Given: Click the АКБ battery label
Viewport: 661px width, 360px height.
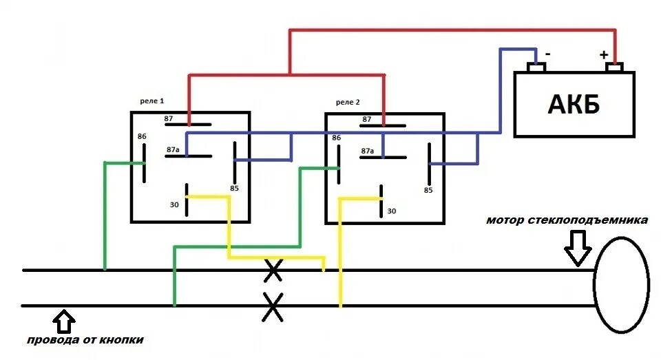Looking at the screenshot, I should (x=574, y=105).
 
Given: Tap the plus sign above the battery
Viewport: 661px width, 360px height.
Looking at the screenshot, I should (x=604, y=54).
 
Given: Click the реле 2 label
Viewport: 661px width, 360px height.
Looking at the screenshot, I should (x=348, y=102).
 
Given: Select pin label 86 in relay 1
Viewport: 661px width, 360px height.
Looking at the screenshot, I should (x=142, y=136).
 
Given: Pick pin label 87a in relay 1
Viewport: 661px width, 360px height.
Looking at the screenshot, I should (x=172, y=149).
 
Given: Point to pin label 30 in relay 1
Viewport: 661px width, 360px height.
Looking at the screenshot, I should (x=174, y=204).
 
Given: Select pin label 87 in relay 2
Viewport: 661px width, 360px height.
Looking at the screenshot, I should (x=367, y=120).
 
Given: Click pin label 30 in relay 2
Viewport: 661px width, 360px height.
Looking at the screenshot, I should (x=392, y=211).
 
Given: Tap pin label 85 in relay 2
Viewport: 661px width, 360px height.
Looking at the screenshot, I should (x=428, y=190).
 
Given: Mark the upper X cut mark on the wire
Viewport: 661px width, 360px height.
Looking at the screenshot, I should (x=273, y=271).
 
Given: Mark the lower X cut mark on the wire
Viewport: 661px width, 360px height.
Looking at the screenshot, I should (x=273, y=307).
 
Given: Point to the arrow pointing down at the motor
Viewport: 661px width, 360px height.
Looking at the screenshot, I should (x=577, y=248).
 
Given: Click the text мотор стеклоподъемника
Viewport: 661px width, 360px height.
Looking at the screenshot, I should (x=567, y=221).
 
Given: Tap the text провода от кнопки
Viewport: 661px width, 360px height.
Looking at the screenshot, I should (x=86, y=340).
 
